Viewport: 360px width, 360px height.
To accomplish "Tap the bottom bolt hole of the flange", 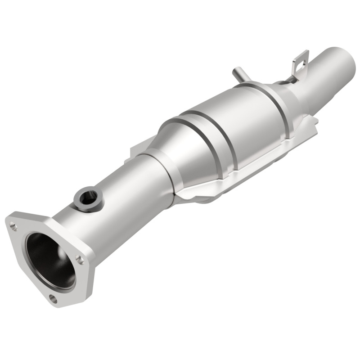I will pos(53,298).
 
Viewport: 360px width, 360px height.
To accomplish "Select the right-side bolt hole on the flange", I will pos(80,259).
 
